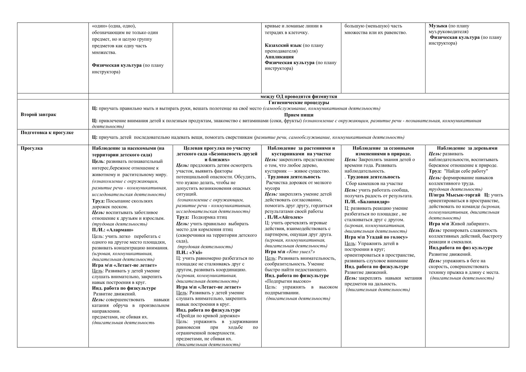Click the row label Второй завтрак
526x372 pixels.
pyautogui.click(x=38, y=114)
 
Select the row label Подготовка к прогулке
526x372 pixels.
pyautogui.click(x=47, y=133)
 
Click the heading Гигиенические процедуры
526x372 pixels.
pyautogui.click(x=298, y=103)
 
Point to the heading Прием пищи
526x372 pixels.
pyautogui.click(x=298, y=115)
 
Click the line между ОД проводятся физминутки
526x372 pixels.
pyautogui.click(x=298, y=96)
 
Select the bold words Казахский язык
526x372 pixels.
pyautogui.click(x=283, y=45)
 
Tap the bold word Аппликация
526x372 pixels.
pyautogui.click(x=279, y=57)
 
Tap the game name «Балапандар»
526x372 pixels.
pyautogui.click(x=374, y=202)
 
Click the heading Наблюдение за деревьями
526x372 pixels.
pyautogui.click(x=467, y=148)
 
